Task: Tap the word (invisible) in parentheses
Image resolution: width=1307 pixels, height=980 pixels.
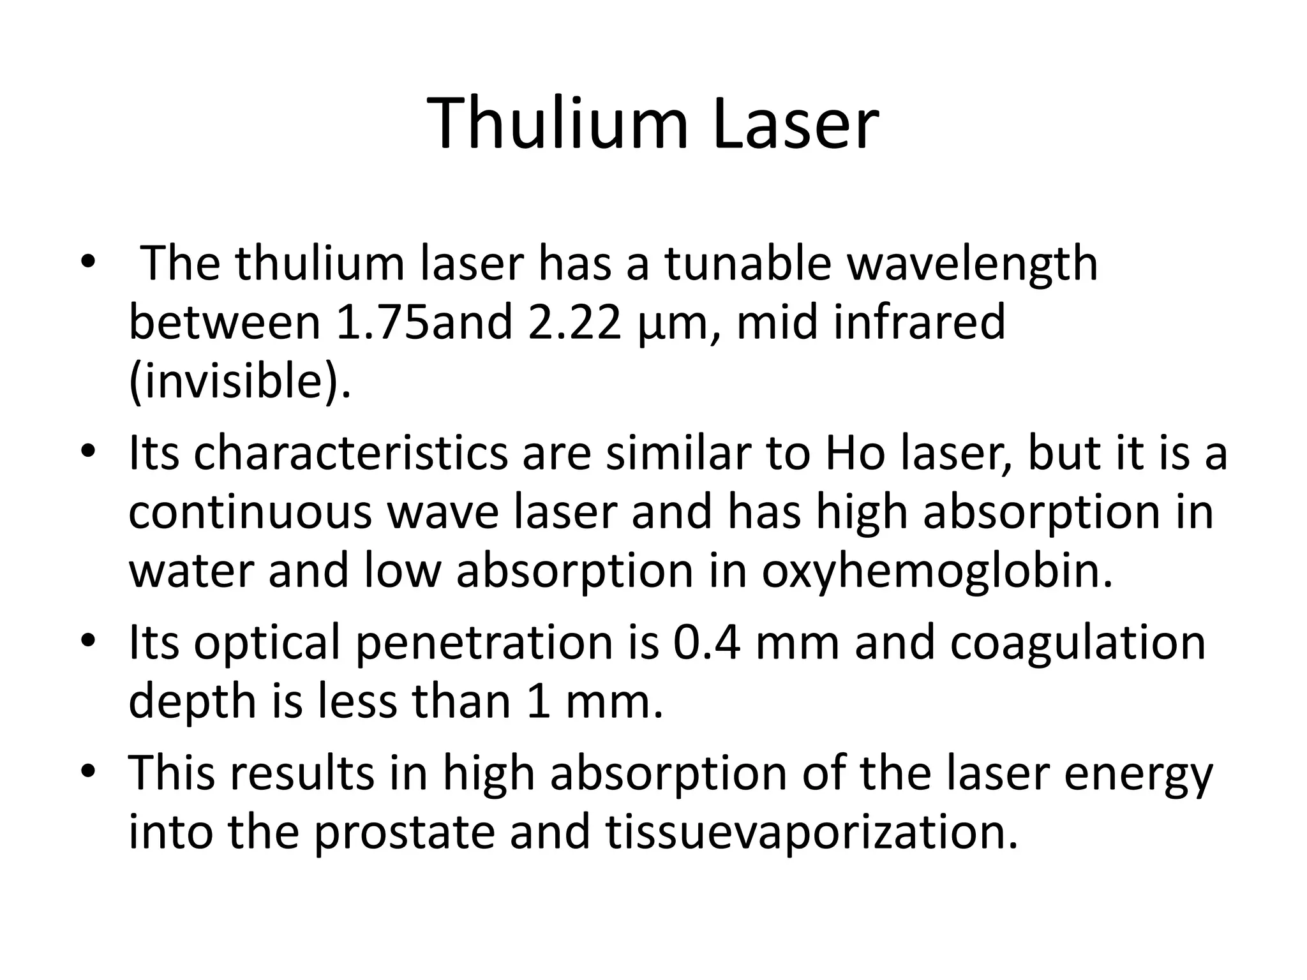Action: pos(239,382)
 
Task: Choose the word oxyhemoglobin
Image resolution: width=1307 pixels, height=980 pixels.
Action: pos(937,571)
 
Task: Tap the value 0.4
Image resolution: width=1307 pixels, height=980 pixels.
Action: pos(706,642)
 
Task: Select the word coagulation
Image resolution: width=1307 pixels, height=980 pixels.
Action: pos(1078,642)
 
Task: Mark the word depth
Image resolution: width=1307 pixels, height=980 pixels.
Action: pos(191,702)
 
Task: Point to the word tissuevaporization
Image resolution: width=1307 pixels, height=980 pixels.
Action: pos(811,833)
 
